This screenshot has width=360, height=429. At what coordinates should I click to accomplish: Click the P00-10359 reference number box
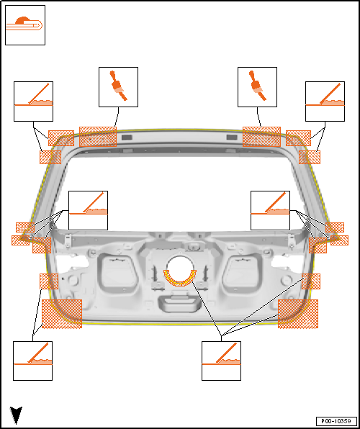(336, 420)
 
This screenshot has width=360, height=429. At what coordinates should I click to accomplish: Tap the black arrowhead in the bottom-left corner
(16, 415)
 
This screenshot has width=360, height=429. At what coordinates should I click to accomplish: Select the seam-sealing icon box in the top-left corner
(25, 25)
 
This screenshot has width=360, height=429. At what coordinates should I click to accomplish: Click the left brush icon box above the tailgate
(118, 87)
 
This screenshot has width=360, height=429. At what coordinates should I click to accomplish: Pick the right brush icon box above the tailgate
(257, 87)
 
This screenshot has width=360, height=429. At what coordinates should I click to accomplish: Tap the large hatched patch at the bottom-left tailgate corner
(62, 314)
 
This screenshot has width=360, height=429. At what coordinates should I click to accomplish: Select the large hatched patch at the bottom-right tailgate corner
(298, 314)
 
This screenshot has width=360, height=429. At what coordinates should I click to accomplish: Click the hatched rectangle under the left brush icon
(98, 137)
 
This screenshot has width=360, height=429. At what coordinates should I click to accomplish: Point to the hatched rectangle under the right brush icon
(261, 137)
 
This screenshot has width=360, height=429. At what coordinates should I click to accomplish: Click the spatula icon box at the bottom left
(33, 361)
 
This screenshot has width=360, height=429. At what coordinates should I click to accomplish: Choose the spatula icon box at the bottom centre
(222, 361)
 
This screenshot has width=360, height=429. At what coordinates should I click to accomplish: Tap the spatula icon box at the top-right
(325, 101)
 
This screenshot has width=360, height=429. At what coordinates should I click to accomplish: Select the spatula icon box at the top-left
(33, 101)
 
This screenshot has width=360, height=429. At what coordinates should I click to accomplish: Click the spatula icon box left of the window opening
(88, 210)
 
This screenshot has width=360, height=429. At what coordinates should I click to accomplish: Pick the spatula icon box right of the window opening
(271, 210)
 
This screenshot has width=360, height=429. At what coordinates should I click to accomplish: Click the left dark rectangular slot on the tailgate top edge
(127, 137)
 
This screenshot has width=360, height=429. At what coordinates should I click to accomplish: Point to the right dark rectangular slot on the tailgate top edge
(232, 137)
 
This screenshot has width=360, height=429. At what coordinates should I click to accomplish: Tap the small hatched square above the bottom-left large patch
(49, 281)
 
